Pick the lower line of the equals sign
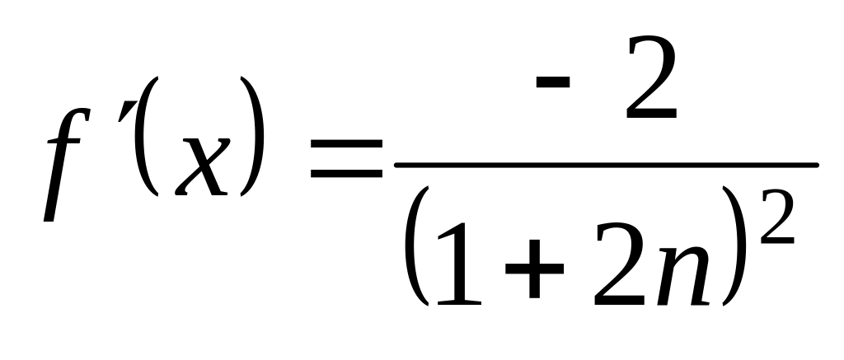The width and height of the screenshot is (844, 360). [346, 175]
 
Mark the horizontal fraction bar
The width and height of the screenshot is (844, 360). [606, 165]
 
